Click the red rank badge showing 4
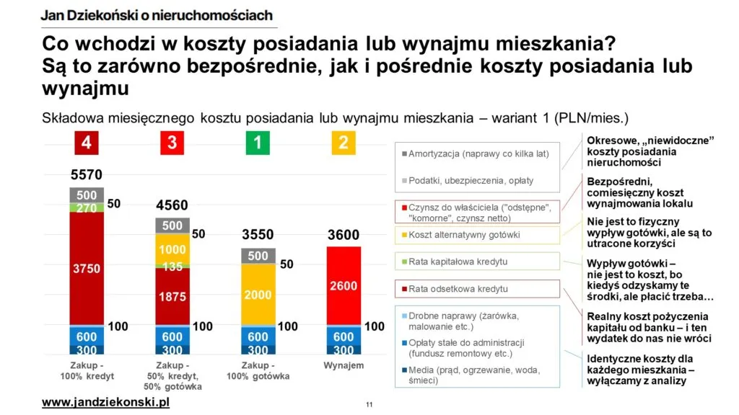87,143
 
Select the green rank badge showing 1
258,143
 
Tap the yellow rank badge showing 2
344,143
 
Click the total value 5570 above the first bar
87,175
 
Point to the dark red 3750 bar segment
87,268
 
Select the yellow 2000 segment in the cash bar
258,295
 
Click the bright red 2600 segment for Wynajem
344,286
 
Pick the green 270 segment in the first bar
87,208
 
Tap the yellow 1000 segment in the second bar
172,249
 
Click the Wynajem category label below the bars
344,366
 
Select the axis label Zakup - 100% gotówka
258,371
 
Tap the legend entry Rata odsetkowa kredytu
458,289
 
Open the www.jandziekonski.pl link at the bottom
105,401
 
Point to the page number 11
369,404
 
